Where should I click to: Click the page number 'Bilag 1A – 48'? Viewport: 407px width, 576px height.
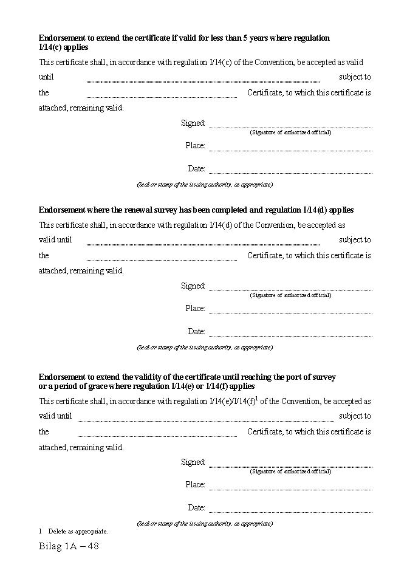(x=69, y=546)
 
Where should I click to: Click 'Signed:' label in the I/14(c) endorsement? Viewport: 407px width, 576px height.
(x=193, y=123)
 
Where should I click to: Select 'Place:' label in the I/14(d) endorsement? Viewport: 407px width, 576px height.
(x=195, y=309)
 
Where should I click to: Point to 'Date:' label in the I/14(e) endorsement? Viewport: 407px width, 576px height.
(x=196, y=507)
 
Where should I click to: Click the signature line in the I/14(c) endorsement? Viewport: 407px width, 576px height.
(x=290, y=127)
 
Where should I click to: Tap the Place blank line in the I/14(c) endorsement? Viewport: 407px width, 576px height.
(x=290, y=150)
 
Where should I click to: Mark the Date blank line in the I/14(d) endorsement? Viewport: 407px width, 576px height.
(x=290, y=336)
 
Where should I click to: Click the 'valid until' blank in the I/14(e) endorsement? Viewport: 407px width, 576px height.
(x=205, y=420)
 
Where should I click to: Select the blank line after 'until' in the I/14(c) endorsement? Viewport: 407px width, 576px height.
(x=203, y=81)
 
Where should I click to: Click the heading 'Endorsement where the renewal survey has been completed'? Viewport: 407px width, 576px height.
(x=196, y=210)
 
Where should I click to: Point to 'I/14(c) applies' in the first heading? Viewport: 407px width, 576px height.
(x=64, y=47)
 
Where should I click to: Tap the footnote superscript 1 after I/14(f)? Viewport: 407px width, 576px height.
(x=257, y=398)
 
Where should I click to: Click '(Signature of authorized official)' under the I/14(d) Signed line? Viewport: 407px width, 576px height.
(x=290, y=295)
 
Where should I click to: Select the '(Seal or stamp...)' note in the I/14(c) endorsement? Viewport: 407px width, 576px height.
(x=205, y=184)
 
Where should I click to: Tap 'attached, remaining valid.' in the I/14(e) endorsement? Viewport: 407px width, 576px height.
(x=81, y=447)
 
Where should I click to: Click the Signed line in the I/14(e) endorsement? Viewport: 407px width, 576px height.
(x=290, y=466)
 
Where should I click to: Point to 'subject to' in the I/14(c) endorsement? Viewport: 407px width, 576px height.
(x=355, y=77)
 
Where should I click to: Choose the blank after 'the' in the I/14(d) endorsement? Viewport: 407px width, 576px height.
(x=162, y=259)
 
